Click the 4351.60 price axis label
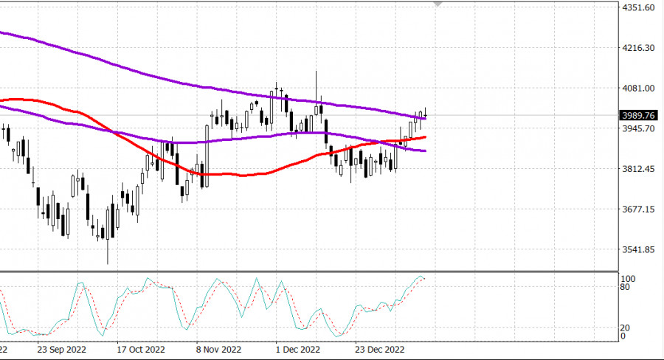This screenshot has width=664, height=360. [639, 7]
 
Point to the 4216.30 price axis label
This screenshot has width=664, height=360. [639, 48]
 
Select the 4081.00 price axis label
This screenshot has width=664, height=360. [639, 89]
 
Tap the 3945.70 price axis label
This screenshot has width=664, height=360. [639, 128]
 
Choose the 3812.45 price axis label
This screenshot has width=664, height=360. [639, 169]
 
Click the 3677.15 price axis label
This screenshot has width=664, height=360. [639, 210]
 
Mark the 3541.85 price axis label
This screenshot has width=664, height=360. [639, 249]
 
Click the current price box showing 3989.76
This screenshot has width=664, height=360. [639, 115]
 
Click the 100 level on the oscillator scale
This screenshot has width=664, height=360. [626, 279]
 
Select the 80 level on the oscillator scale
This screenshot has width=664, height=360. [624, 288]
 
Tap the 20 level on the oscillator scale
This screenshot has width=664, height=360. [624, 328]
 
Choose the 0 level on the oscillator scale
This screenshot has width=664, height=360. [622, 336]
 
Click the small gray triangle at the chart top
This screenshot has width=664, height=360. [438, 4]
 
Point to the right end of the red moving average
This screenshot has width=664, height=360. [425, 136]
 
